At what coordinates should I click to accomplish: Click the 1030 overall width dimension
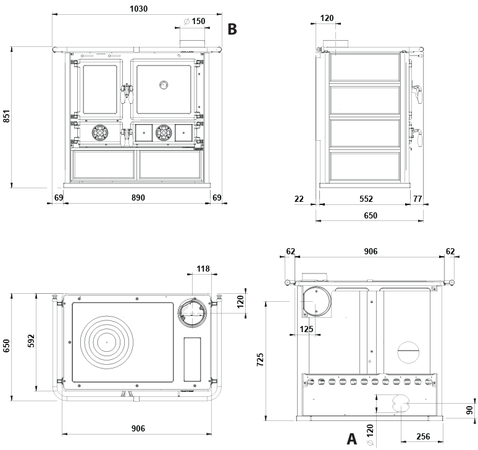click(139, 9)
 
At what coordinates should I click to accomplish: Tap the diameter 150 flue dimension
click(195, 21)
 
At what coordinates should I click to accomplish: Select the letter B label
click(232, 28)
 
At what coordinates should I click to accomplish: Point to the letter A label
click(351, 439)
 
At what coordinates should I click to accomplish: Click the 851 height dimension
click(7, 116)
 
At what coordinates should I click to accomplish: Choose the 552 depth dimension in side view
click(366, 199)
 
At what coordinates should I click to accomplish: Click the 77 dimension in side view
click(417, 199)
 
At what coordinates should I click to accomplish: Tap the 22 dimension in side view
click(300, 199)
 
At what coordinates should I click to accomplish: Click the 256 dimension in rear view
click(422, 436)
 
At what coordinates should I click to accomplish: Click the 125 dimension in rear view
click(306, 329)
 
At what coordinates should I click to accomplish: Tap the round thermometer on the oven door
click(163, 85)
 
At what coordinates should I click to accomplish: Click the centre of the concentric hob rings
click(106, 341)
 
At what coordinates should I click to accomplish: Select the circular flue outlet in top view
click(191, 312)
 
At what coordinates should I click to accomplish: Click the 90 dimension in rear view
click(469, 409)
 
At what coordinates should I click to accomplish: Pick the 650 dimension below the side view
click(370, 215)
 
